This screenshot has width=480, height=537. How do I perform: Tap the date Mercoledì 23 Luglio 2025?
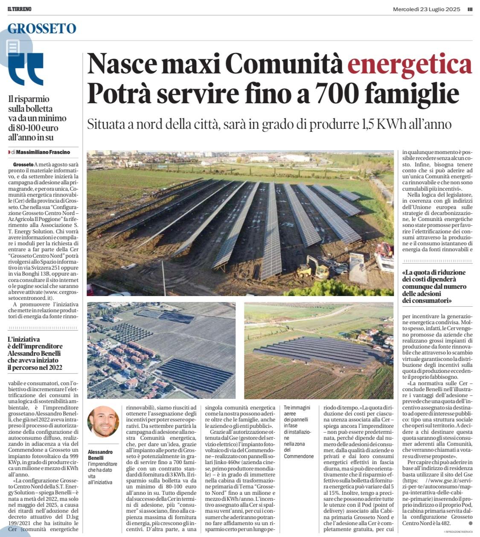[x=426, y=9]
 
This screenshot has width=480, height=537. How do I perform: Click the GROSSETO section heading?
[x=42, y=29]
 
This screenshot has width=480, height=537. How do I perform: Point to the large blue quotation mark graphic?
[x=26, y=68]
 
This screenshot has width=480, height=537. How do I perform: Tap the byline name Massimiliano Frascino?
[x=43, y=152]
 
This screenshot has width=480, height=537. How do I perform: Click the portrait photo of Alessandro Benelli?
[x=103, y=421]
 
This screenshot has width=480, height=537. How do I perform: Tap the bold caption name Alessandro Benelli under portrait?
[x=100, y=455]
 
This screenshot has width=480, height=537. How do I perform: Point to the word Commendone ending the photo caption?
[x=299, y=456]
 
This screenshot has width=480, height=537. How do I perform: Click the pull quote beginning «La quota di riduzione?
[x=434, y=286]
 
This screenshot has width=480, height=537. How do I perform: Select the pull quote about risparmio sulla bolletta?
[x=38, y=118]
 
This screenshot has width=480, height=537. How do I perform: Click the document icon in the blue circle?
[x=13, y=47]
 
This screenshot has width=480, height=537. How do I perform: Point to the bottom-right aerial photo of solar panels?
[x=319, y=350]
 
